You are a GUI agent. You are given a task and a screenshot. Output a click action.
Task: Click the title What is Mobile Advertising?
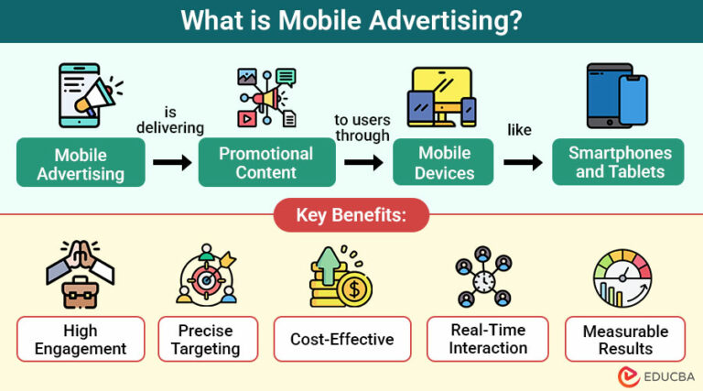(351, 20)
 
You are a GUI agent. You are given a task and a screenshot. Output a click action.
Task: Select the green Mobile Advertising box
(81, 163)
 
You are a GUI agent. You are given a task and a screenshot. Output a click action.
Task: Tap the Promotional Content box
(265, 162)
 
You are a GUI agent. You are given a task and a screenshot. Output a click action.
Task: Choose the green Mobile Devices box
(446, 162)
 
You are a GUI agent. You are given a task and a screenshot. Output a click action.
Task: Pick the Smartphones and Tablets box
(619, 162)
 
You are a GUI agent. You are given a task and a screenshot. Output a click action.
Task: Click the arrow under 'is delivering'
(172, 163)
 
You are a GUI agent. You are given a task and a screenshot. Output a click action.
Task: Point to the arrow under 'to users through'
(363, 163)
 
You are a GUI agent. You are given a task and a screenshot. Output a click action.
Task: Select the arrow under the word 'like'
(523, 163)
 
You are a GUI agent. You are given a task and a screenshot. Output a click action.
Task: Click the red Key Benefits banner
(351, 217)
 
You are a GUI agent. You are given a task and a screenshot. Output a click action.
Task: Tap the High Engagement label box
(81, 339)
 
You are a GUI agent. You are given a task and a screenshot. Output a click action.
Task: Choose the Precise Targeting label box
(206, 339)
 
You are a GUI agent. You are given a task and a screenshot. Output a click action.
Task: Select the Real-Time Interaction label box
(488, 339)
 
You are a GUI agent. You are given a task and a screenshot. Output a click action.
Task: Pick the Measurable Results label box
(626, 339)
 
